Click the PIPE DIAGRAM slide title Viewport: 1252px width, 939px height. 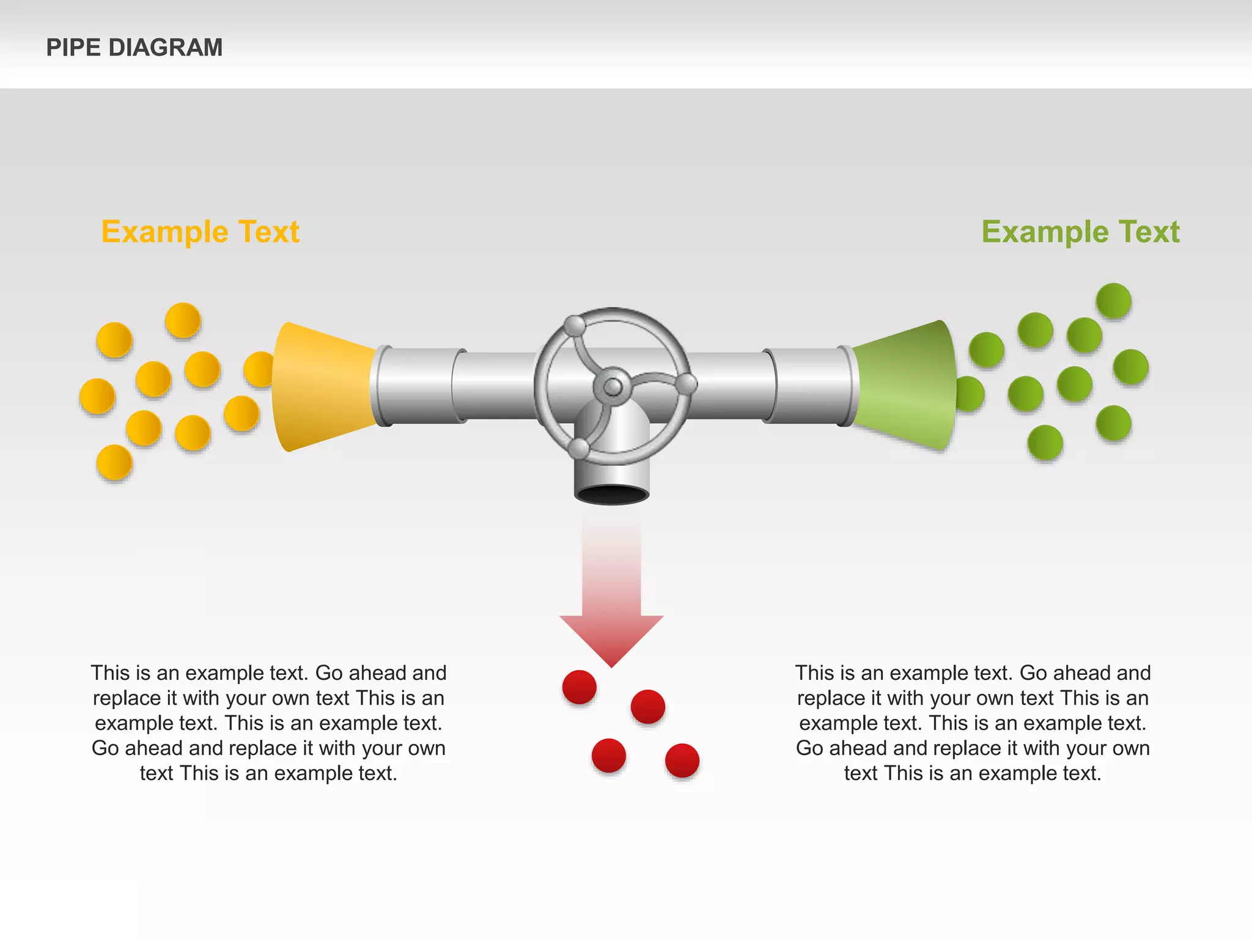[x=134, y=48]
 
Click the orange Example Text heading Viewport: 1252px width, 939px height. [x=200, y=232]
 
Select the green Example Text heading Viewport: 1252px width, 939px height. [x=1080, y=232]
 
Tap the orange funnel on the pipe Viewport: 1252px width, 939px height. [x=321, y=386]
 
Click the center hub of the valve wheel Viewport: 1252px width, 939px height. [x=613, y=386]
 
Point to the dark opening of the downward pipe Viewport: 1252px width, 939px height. [x=611, y=494]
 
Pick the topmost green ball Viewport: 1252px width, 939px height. [x=1113, y=301]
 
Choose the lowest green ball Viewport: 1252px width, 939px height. [x=1045, y=443]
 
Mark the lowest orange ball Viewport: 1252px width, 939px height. [x=114, y=462]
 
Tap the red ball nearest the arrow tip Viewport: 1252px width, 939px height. [x=579, y=687]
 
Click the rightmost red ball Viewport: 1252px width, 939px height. [x=682, y=760]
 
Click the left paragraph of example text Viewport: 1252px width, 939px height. [x=268, y=723]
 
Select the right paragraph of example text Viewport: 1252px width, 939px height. [x=973, y=723]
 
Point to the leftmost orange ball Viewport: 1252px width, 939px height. [x=97, y=396]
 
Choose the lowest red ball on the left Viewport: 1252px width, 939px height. [x=609, y=756]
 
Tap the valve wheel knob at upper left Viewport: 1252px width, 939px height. [x=575, y=326]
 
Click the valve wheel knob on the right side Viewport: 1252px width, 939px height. [x=687, y=384]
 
